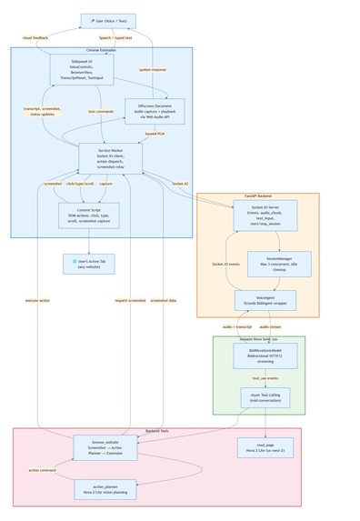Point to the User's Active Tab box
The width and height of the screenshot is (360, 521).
(89, 263)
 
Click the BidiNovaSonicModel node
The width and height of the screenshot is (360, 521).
(260, 354)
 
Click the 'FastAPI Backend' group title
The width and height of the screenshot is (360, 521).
(258, 196)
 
